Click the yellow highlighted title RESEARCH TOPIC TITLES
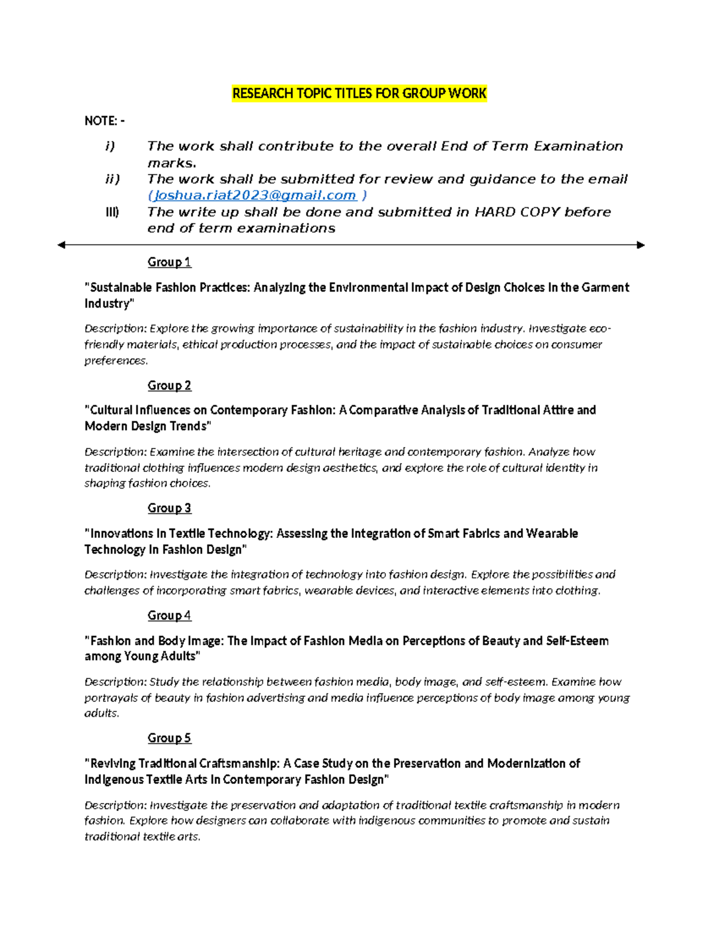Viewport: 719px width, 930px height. pos(359,93)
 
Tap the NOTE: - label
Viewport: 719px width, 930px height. pos(105,121)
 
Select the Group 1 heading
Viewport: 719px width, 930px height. pos(169,262)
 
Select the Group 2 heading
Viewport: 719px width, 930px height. pos(169,386)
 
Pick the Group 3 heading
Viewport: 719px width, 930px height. pos(169,508)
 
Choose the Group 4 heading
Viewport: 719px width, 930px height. pos(169,616)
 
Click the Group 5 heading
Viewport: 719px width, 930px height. pos(169,738)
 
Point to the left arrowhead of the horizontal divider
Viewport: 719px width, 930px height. pos(61,245)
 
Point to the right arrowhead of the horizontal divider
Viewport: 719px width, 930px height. pos(641,245)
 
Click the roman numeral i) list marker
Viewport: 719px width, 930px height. pos(110,146)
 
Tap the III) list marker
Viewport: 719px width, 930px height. pos(112,212)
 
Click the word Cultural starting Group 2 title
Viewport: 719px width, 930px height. pos(111,410)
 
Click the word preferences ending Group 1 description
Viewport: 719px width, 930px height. pos(115,361)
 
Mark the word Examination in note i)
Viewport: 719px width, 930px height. pos(578,146)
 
